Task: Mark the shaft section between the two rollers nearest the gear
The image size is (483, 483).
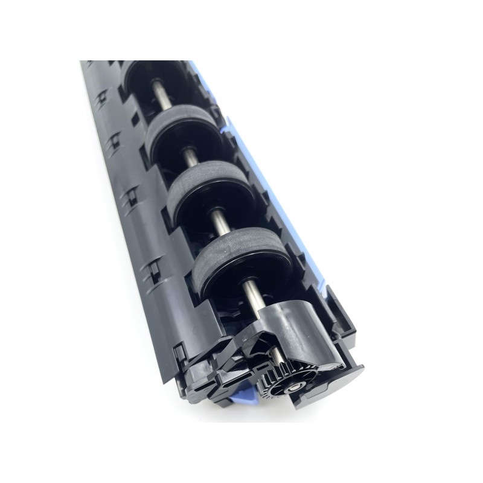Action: click(219, 221)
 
